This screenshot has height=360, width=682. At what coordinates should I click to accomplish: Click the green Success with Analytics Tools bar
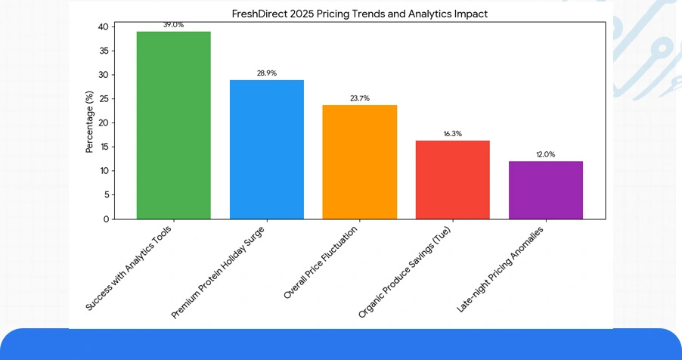pos(173,125)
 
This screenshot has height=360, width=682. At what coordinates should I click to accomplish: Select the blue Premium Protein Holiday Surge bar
pos(267,149)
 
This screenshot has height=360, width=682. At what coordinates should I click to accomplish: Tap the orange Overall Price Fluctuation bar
pos(360,162)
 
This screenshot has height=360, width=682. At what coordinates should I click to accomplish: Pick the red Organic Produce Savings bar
pos(453,179)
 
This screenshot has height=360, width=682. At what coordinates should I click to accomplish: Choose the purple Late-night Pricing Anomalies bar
pos(546,190)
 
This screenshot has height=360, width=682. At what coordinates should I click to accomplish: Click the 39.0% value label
pos(173,25)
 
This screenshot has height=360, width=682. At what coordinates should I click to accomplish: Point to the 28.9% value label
pos(267,73)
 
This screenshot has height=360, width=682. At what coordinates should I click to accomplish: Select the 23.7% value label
pos(360,98)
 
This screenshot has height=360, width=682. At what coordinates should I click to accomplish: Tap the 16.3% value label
pos(453,134)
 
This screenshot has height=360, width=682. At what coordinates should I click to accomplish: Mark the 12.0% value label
pos(546,154)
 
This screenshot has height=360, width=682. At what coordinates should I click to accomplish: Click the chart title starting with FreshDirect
pos(360,14)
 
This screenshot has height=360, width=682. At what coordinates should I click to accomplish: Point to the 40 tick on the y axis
pos(104,27)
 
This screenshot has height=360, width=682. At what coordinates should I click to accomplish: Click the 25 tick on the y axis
pos(104,99)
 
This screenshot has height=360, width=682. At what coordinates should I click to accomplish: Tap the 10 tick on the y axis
pos(104,171)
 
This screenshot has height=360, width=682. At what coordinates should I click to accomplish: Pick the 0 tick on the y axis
pos(106,219)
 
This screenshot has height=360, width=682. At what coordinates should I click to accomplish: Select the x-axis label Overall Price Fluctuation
pos(321,262)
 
